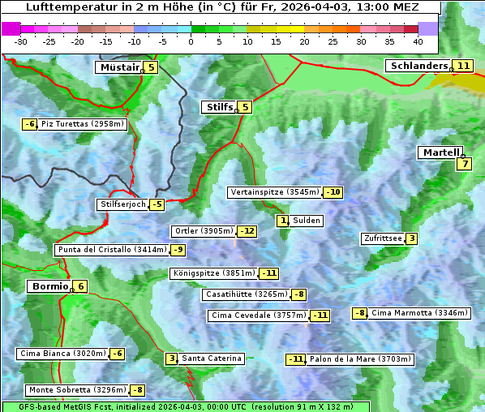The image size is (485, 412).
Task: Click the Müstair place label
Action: [x=118, y=67]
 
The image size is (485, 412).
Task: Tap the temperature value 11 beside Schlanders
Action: [x=462, y=66]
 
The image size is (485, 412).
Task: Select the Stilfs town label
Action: [x=218, y=107]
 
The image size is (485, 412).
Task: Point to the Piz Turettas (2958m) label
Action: [x=83, y=124]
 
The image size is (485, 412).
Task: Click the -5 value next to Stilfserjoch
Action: [x=157, y=204]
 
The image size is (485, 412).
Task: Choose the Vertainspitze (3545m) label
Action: [x=274, y=192]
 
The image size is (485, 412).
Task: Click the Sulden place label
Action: [x=307, y=221]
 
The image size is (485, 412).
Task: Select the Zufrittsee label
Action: [x=382, y=238]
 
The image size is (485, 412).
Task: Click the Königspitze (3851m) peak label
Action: [x=213, y=273]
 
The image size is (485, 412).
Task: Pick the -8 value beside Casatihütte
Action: [x=299, y=294]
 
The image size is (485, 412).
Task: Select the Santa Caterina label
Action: [x=211, y=358]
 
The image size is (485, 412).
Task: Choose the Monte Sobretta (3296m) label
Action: [x=77, y=390]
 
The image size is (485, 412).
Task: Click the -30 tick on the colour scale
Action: [x=21, y=41]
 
